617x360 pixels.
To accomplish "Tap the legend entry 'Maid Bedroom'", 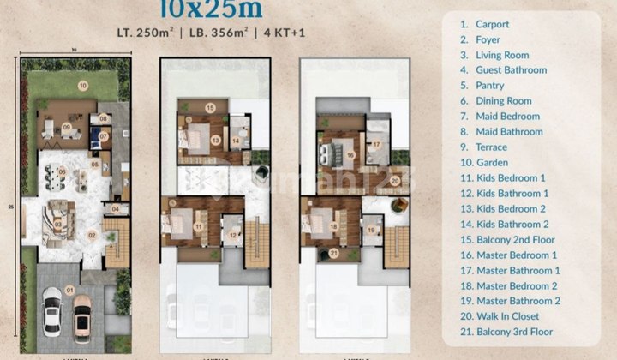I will coord(508,116).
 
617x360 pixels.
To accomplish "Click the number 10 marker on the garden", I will coord(83,86).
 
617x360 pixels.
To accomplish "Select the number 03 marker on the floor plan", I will coord(57,224).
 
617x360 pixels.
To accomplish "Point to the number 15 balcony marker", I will coord(210,107).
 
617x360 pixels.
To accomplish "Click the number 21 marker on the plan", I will coord(332,252).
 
